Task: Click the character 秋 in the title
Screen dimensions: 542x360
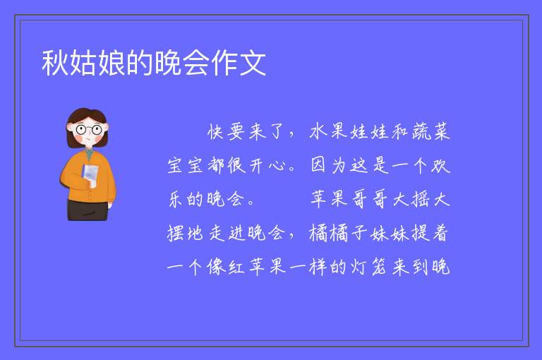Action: click(55, 63)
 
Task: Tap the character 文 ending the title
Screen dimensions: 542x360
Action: click(253, 63)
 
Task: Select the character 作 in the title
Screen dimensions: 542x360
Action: click(224, 63)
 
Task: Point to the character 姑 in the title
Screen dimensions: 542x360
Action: click(83, 63)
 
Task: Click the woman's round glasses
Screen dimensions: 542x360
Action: click(89, 130)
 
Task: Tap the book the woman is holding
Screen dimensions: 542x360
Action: click(90, 174)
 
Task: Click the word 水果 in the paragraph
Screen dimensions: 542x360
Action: click(328, 132)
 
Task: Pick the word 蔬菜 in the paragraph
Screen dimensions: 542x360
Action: click(430, 132)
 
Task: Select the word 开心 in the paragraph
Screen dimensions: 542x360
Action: click(267, 165)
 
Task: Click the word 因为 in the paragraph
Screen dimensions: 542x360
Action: click(328, 165)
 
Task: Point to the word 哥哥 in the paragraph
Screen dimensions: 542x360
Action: click(369, 199)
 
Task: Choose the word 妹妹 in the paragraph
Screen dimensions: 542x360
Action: click(390, 233)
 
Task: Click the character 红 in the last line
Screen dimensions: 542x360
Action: click(236, 267)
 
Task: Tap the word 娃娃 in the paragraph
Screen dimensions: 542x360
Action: click(369, 132)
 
